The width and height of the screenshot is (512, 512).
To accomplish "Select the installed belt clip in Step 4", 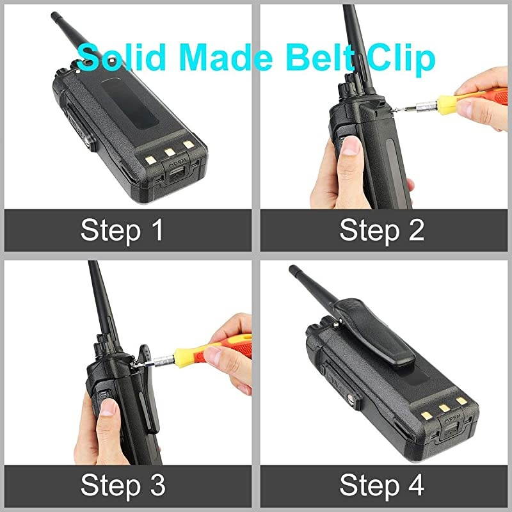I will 355,333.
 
